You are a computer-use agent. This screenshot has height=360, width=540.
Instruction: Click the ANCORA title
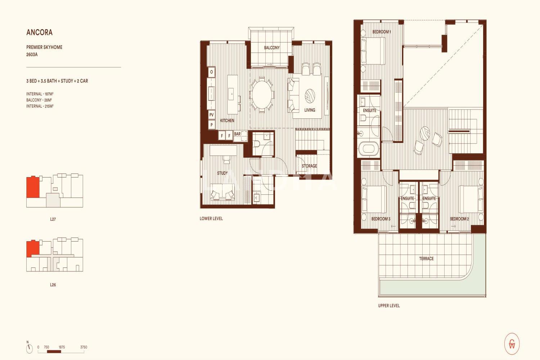pyautogui.click(x=39, y=32)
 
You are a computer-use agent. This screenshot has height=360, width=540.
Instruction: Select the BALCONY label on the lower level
pyautogui.click(x=272, y=48)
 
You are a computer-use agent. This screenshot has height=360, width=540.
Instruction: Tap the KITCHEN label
pyautogui.click(x=227, y=121)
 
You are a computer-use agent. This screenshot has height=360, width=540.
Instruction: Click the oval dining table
pyautogui.click(x=262, y=95)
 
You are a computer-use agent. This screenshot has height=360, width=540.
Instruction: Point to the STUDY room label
pyautogui.click(x=222, y=173)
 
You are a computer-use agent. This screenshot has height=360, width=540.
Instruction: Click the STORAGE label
pyautogui.click(x=309, y=166)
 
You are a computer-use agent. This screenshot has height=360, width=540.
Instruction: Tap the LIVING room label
pyautogui.click(x=310, y=110)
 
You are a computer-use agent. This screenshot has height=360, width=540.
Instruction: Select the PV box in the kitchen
pyautogui.click(x=211, y=115)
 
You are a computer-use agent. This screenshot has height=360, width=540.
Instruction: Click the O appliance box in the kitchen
pyautogui.click(x=211, y=72)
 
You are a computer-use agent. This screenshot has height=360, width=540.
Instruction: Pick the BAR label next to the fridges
pyautogui.click(x=237, y=134)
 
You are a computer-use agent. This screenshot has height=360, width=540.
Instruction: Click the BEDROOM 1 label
pyautogui.click(x=381, y=32)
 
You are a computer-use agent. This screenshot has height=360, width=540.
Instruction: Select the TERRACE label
pyautogui.click(x=426, y=259)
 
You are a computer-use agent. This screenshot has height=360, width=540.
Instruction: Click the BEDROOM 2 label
pyautogui.click(x=459, y=219)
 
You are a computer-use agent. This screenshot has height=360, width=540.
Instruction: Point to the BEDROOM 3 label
pyautogui.click(x=381, y=219)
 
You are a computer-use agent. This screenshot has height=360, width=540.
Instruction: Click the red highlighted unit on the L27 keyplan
pyautogui.click(x=32, y=187)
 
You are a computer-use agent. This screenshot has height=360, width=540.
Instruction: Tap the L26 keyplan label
pyautogui.click(x=53, y=285)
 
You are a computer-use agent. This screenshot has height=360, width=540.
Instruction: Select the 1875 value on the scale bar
pyautogui.click(x=62, y=347)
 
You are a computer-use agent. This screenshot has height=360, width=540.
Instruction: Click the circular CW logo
pyautogui.click(x=512, y=344)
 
